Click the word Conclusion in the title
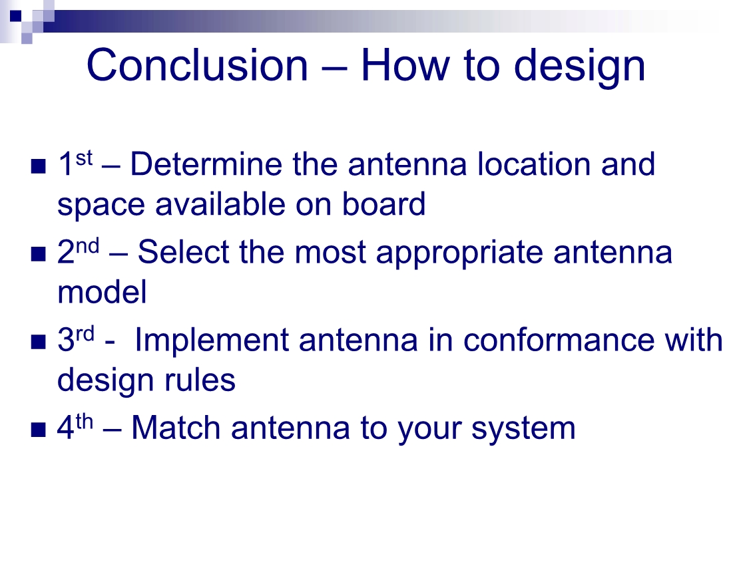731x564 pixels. point(197,65)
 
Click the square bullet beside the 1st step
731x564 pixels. point(38,166)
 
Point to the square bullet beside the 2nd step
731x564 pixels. point(38,254)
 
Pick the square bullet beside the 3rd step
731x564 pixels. point(38,342)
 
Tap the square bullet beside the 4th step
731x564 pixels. point(38,430)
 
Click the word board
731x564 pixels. point(383,204)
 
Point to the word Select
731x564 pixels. point(183,252)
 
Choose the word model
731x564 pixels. point(102,292)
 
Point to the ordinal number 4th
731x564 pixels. point(75,426)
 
